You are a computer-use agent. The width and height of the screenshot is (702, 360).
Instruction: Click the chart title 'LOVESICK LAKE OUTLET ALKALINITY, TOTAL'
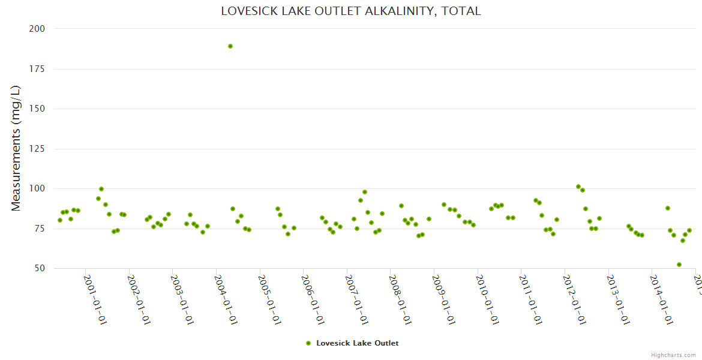[x=350, y=11]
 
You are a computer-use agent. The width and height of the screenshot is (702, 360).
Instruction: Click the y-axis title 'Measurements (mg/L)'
[x=16, y=148]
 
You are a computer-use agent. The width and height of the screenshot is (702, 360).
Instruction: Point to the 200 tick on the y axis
[x=37, y=29]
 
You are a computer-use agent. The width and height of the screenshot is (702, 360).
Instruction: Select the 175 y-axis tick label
[x=37, y=69]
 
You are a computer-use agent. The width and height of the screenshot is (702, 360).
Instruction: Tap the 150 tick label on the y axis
[x=37, y=109]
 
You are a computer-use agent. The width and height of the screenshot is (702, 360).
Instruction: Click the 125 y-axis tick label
[x=37, y=149]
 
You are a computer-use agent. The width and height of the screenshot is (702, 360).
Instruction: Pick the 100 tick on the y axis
[x=37, y=188]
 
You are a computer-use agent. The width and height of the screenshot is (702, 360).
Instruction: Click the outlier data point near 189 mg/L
[x=230, y=46]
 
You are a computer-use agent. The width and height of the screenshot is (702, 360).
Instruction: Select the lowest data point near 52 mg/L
[x=679, y=265]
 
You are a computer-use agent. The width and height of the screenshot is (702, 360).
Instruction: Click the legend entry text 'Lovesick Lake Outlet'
[x=357, y=343]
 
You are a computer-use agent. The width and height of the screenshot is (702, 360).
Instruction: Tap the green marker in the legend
[x=308, y=343]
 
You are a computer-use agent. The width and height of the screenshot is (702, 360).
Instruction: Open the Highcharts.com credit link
[x=673, y=355]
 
